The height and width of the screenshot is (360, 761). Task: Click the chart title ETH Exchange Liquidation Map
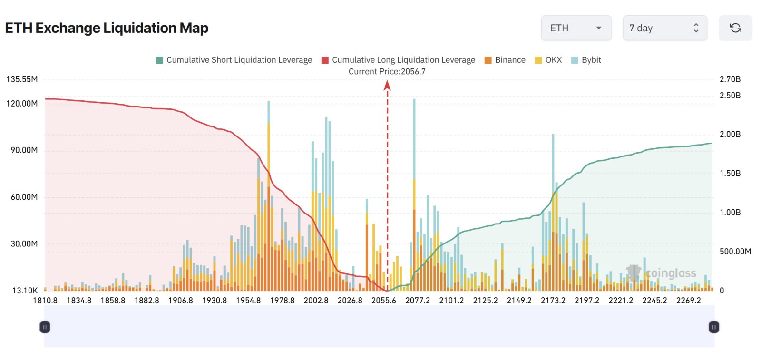click(107, 28)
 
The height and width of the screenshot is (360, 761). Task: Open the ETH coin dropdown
click(576, 28)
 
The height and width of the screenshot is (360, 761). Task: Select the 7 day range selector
click(664, 28)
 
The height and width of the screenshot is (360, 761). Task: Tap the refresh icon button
click(735, 28)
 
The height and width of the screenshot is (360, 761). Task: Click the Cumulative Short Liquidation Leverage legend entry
click(234, 60)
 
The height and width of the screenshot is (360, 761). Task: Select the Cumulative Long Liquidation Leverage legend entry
click(398, 60)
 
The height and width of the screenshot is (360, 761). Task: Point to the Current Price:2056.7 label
click(387, 71)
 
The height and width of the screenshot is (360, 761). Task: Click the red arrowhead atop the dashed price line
click(387, 85)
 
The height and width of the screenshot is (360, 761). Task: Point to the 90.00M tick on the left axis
click(24, 150)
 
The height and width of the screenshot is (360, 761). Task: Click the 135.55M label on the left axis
click(22, 79)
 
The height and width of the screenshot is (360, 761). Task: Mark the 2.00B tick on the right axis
click(730, 134)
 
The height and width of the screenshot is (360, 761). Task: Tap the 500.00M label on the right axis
click(735, 251)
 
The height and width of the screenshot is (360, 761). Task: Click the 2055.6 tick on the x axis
click(383, 301)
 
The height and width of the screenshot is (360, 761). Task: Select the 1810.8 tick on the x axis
click(45, 301)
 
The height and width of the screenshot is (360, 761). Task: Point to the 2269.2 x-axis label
click(688, 301)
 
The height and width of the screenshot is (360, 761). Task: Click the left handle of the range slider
click(45, 327)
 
